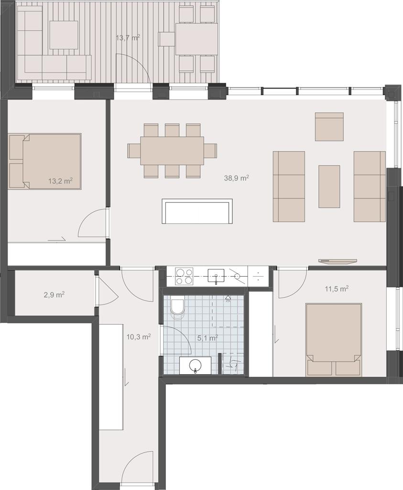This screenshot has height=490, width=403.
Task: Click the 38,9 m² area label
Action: point(236,178)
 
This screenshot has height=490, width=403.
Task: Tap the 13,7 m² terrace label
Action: point(128,38)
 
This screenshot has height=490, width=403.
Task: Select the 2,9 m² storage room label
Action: point(54,294)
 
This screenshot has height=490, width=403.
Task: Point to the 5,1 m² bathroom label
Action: point(207,338)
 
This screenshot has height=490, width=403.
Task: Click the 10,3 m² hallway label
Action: point(139,336)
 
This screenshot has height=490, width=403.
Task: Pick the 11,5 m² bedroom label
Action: point(337,289)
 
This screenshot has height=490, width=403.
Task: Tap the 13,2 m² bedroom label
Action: point(61,180)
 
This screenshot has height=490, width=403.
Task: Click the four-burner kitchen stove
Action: point(184,276)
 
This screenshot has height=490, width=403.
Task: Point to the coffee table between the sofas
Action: point(329,186)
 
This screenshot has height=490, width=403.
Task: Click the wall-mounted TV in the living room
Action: point(338,261)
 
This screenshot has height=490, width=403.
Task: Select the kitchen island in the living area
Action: point(197,211)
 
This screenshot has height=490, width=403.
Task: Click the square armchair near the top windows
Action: point(329,126)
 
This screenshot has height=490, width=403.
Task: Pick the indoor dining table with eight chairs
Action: point(172,151)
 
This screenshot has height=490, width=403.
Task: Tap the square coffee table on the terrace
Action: point(64,34)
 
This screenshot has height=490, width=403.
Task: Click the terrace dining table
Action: point(196,39)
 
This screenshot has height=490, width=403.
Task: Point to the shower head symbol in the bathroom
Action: point(229,299)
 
